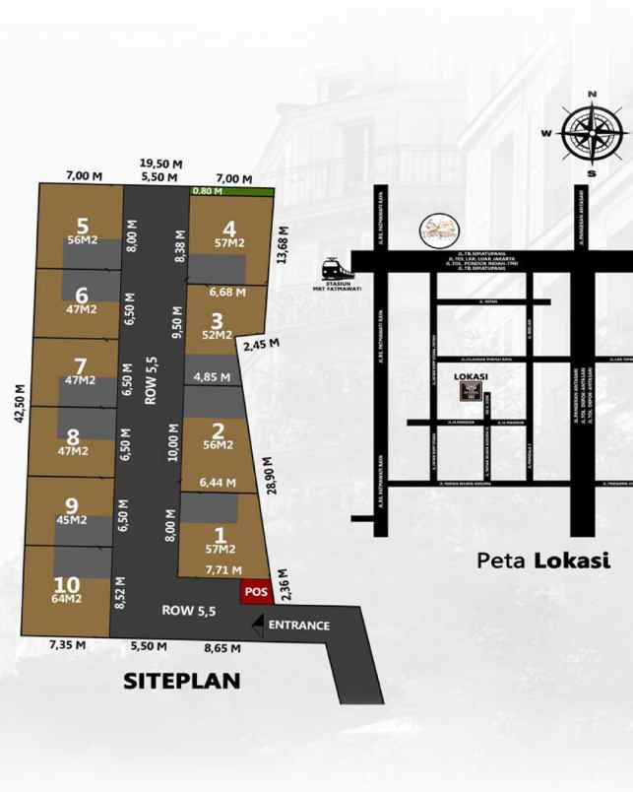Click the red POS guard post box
click(256, 592)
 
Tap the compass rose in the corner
click(592, 134)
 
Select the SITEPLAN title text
click(182, 681)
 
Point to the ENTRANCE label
click(298, 626)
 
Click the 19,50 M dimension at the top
click(160, 164)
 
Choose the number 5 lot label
click(82, 225)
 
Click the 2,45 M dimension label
click(261, 345)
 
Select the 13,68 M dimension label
click(285, 242)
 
